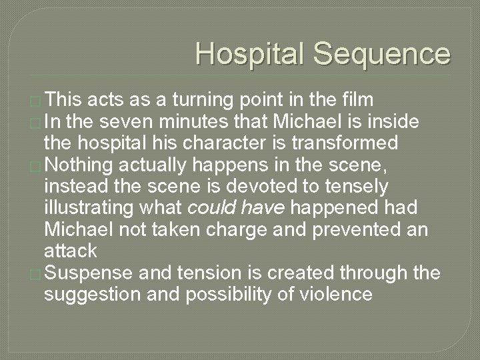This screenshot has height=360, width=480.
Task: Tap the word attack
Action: [x=71, y=251]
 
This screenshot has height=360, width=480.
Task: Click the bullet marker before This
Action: [x=37, y=101]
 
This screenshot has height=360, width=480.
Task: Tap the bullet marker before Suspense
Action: [x=37, y=273]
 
